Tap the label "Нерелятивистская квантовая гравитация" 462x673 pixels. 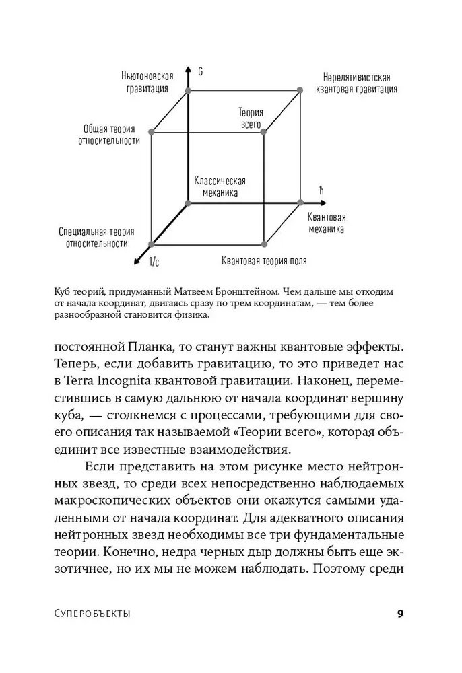356,83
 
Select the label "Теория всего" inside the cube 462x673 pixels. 251,119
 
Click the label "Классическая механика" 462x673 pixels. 220,186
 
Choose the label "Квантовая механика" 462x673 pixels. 327,223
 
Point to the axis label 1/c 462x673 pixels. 154,261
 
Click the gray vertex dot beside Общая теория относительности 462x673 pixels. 152,132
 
